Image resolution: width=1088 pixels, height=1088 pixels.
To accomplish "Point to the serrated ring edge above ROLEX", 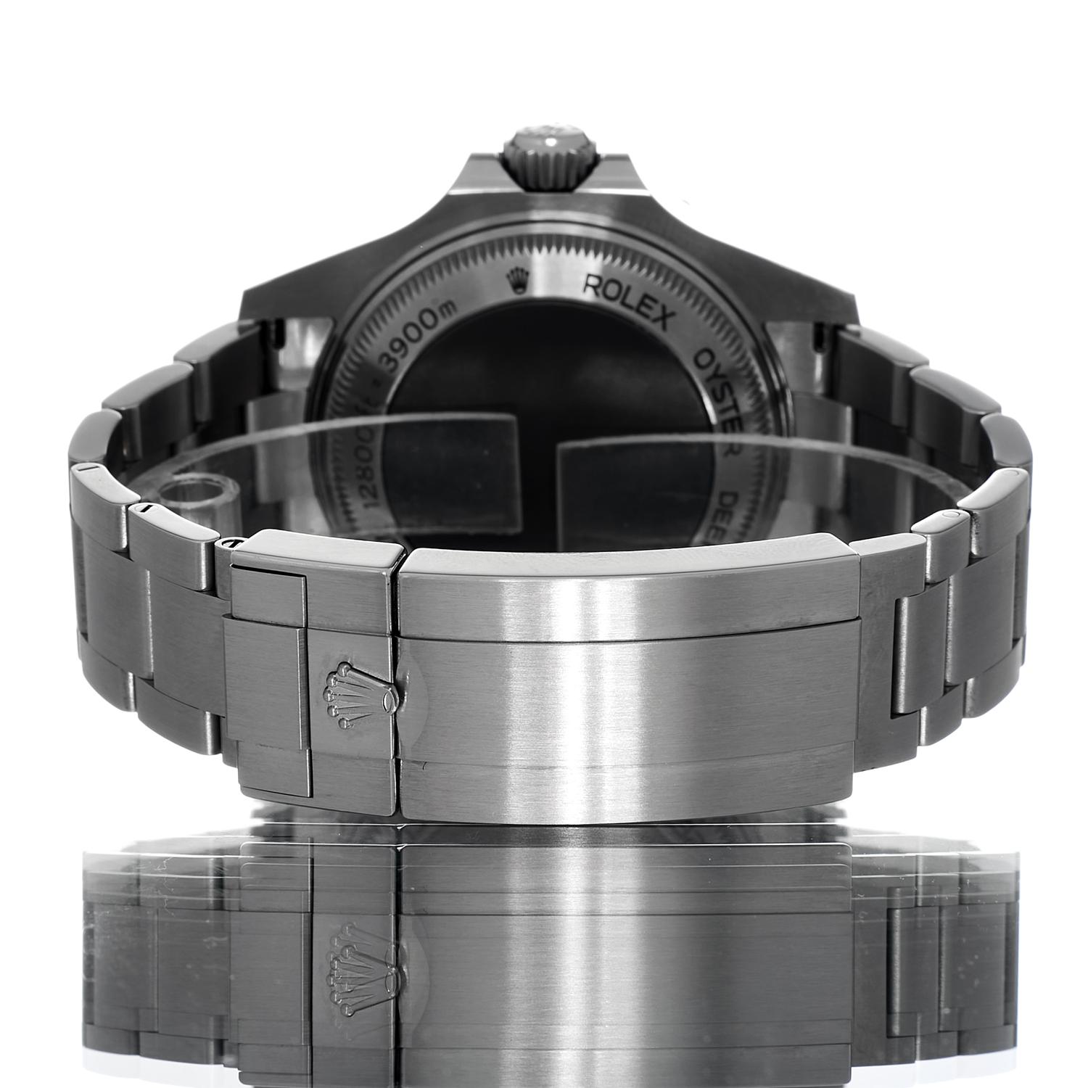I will tap(573, 250).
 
